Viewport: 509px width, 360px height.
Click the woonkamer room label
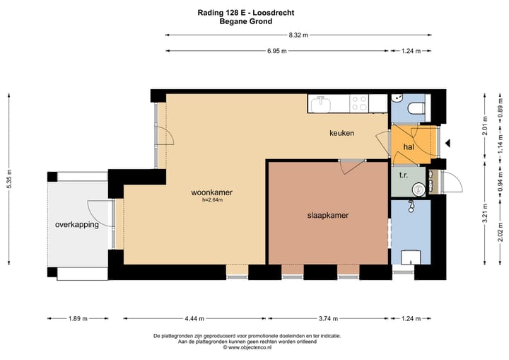211,192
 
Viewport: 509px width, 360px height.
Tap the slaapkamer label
328,215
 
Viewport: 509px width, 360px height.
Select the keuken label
342,133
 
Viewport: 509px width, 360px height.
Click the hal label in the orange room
409,147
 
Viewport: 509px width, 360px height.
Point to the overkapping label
77,225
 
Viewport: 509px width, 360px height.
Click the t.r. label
404,175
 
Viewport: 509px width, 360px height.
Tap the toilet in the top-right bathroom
416,108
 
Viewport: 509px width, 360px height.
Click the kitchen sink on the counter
321,104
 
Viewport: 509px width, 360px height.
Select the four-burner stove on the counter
359,103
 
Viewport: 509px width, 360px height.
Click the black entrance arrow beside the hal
447,143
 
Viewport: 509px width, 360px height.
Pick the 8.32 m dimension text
298,35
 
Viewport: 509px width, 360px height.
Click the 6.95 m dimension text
277,51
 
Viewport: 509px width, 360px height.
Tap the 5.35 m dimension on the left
9,179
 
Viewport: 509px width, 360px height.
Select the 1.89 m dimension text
78,319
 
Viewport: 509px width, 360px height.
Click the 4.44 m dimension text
194,319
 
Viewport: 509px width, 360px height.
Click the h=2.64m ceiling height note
212,200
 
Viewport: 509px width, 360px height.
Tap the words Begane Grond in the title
246,22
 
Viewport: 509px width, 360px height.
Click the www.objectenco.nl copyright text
247,347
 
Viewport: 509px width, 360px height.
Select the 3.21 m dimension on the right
485,214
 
